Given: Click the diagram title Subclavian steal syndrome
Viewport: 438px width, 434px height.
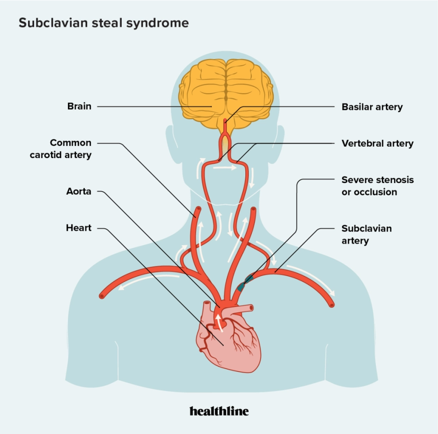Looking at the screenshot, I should pyautogui.click(x=103, y=23).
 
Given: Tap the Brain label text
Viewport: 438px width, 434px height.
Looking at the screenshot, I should pyautogui.click(x=79, y=106).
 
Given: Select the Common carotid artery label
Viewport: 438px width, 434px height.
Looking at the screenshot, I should pyautogui.click(x=71, y=149).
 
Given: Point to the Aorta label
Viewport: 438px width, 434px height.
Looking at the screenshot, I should pyautogui.click(x=79, y=191).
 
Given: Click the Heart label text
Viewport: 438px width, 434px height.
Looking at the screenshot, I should pyautogui.click(x=79, y=228).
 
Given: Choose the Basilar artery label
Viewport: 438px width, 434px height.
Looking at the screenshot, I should pyautogui.click(x=372, y=107).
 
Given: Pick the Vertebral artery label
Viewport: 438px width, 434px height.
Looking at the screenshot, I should pyautogui.click(x=378, y=144).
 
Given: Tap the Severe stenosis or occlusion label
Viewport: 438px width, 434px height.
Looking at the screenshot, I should pyautogui.click(x=378, y=186).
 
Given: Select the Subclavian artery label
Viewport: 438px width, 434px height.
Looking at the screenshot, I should pyautogui.click(x=367, y=235).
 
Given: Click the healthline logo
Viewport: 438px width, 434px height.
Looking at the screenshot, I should pyautogui.click(x=219, y=411).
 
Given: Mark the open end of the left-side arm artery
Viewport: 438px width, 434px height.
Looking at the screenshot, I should pyautogui.click(x=102, y=296).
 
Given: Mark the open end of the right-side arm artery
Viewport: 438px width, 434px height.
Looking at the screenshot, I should pyautogui.click(x=332, y=304).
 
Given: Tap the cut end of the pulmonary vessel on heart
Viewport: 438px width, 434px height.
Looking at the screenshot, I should pyautogui.click(x=251, y=308).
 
